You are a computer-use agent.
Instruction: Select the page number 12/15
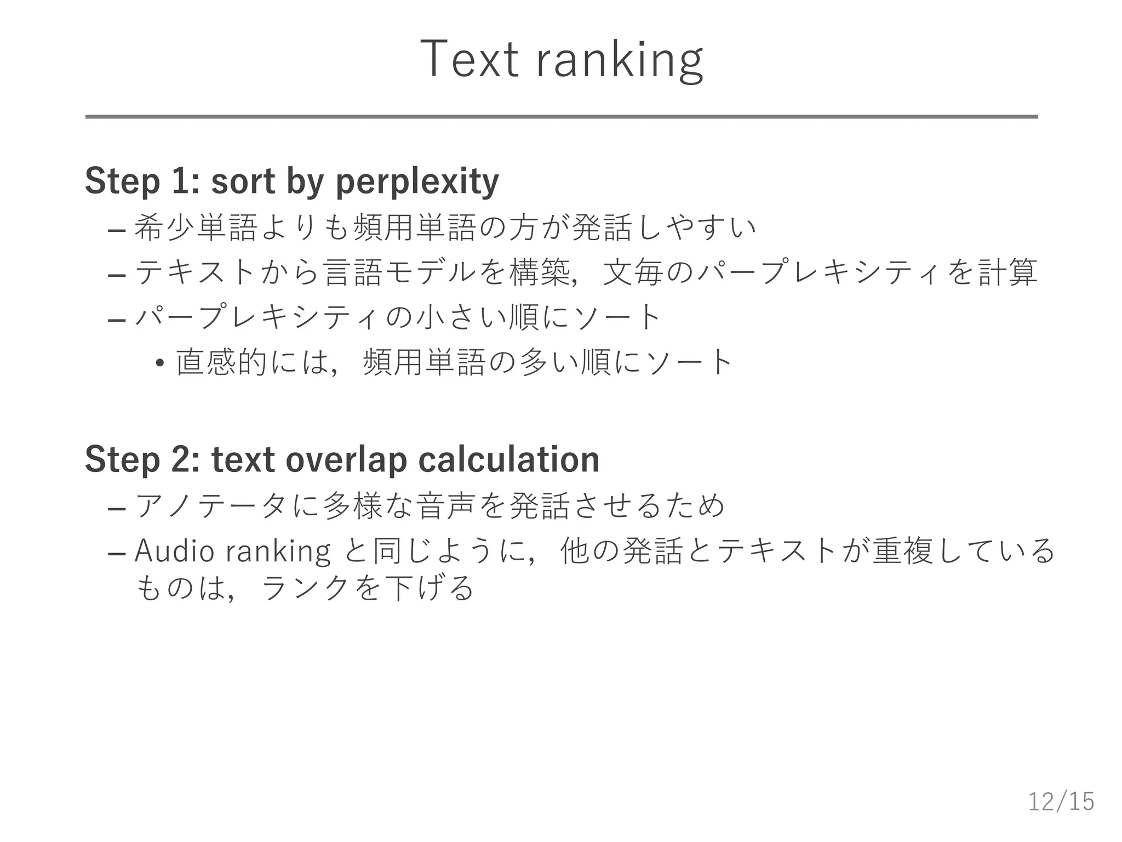(x=1061, y=801)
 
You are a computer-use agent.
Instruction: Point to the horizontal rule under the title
(x=561, y=117)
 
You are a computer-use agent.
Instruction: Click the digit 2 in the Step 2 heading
(x=180, y=459)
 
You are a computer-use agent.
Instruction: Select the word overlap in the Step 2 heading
(x=346, y=459)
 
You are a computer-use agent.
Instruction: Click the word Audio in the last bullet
(x=174, y=550)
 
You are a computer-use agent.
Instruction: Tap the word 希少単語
(x=196, y=227)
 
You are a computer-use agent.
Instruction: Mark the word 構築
(x=540, y=272)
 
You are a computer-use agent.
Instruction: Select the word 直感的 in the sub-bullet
(x=221, y=362)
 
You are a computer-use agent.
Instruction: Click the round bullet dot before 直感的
(x=160, y=363)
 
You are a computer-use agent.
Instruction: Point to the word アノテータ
(x=210, y=505)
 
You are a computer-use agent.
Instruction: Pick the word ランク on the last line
(x=306, y=589)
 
